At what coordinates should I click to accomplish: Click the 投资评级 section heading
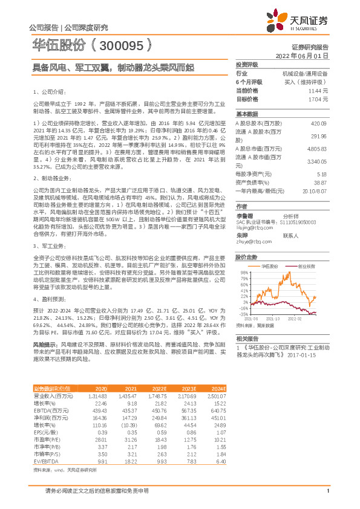coord(247,64)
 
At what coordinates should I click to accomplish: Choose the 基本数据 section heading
coord(247,114)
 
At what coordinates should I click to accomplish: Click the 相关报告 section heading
coord(247,338)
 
